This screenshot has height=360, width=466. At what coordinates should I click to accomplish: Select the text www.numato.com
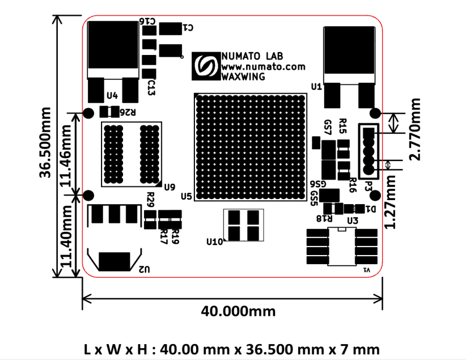[262, 66]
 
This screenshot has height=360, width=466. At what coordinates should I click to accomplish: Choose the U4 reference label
[112, 95]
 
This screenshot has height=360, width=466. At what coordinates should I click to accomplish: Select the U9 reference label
[169, 187]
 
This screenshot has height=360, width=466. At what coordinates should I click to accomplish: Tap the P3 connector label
[368, 185]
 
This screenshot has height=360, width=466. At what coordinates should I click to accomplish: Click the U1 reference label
[316, 87]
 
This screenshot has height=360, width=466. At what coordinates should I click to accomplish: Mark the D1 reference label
[371, 209]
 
